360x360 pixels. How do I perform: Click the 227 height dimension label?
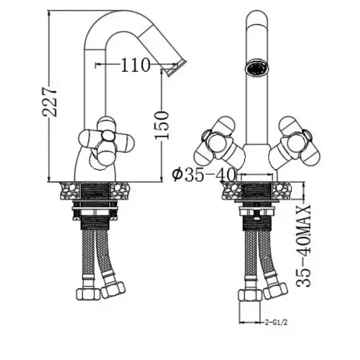click(x=49, y=101)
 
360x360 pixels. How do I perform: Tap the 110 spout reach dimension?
click(x=135, y=65)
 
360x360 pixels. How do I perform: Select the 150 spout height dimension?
click(x=162, y=125)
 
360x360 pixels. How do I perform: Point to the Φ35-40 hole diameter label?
click(x=204, y=175)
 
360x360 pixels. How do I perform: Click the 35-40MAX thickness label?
click(x=303, y=246)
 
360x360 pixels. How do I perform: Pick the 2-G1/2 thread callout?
click(x=276, y=322)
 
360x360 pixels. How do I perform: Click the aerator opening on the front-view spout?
click(x=256, y=68)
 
